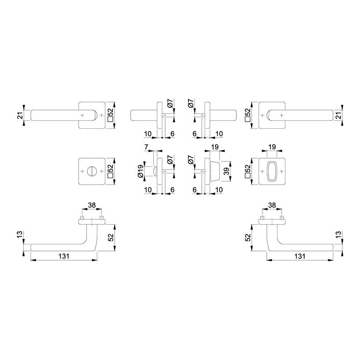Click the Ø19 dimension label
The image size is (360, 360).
140,171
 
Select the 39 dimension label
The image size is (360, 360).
227,171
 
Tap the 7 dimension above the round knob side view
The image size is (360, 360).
146,147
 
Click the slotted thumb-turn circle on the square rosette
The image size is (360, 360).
91,171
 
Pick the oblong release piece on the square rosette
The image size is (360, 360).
272,171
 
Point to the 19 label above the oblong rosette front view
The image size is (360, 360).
272,147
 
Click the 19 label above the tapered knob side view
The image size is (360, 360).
215,147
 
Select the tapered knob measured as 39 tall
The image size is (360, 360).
215,171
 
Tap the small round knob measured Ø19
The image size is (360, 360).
155,171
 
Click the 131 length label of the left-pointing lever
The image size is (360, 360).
63,256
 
